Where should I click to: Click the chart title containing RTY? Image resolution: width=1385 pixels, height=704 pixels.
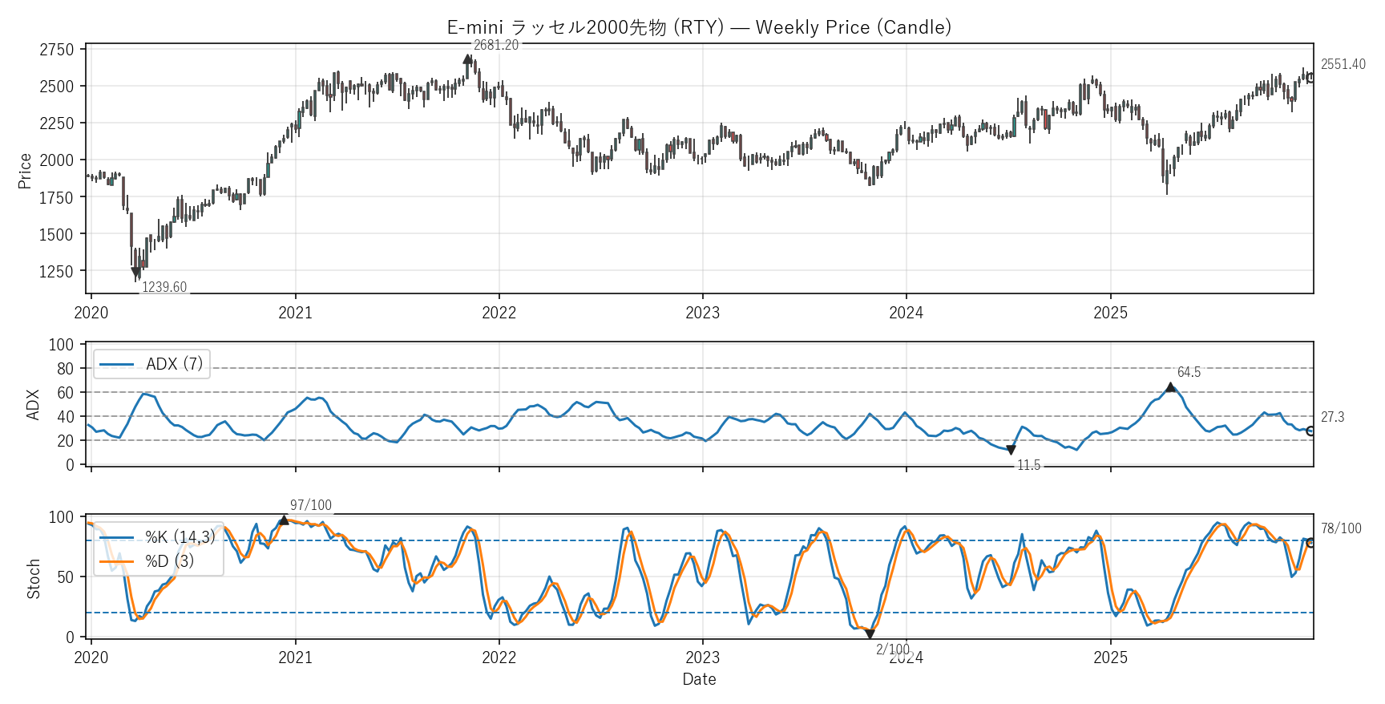click(x=699, y=27)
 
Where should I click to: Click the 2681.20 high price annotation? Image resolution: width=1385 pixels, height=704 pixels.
click(x=496, y=45)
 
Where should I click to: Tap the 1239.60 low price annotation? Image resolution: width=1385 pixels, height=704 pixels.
click(x=164, y=287)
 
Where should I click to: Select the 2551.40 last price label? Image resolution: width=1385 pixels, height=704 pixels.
click(x=1343, y=64)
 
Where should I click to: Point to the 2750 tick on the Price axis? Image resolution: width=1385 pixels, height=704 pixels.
click(x=56, y=50)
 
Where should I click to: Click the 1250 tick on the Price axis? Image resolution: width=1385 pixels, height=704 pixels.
click(x=56, y=272)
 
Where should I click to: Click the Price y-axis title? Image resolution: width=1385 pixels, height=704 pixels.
click(x=25, y=171)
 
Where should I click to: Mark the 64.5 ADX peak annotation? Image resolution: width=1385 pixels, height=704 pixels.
click(x=1189, y=372)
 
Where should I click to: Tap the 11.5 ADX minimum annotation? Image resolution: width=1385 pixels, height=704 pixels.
click(x=1028, y=465)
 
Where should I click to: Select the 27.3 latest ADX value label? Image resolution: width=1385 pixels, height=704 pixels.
click(x=1332, y=417)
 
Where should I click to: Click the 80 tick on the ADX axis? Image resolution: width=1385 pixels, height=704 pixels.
click(x=65, y=369)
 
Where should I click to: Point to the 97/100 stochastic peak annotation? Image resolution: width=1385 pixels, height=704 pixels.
click(x=310, y=505)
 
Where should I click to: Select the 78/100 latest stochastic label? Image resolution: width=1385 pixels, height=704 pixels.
click(x=1341, y=528)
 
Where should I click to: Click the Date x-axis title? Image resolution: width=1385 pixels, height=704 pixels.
click(x=699, y=679)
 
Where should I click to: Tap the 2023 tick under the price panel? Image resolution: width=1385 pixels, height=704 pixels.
click(x=702, y=313)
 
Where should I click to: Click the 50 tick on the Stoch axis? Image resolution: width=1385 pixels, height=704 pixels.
click(x=65, y=577)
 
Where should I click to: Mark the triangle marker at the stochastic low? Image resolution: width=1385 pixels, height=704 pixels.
click(x=870, y=634)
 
